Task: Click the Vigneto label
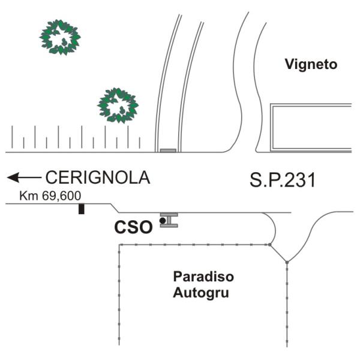[311, 65]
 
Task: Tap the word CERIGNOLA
[98, 178]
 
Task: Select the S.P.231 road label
[283, 180]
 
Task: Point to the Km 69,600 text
[50, 196]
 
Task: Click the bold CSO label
[133, 227]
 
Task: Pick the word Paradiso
[203, 277]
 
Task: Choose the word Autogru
[201, 293]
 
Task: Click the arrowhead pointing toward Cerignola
[13, 178]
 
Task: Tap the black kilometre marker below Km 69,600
[81, 209]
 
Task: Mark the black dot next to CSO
[163, 221]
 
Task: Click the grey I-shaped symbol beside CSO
[169, 220]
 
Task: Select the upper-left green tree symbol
[60, 37]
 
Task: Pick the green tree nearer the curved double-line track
[118, 106]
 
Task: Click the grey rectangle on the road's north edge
[168, 151]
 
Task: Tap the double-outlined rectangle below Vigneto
[311, 128]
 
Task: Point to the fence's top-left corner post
[119, 245]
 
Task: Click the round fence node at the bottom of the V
[287, 262]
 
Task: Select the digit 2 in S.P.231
[289, 181]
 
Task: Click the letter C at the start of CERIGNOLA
[52, 178]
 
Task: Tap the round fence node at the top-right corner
[270, 245]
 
